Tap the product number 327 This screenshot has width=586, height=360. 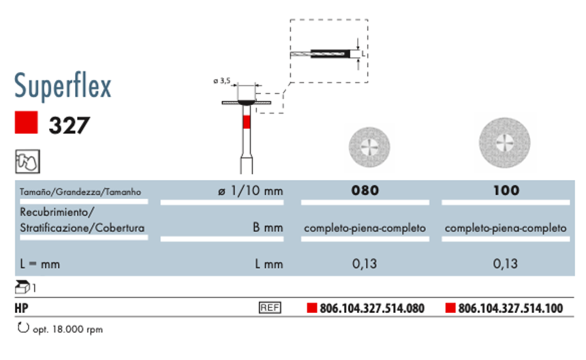point(69,125)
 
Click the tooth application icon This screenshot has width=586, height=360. point(27,162)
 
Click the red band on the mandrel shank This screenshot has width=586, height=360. point(247,123)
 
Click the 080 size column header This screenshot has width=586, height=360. point(365,191)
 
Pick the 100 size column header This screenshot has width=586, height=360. point(506,191)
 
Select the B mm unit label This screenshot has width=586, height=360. point(268,228)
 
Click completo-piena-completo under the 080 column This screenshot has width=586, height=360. point(365,228)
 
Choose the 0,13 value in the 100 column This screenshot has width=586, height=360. point(506,264)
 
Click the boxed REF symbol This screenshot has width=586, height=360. point(270,308)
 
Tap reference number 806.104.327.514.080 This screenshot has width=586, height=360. point(371,309)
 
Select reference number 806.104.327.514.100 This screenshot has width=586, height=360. point(510,309)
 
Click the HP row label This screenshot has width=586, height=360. point(21,308)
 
